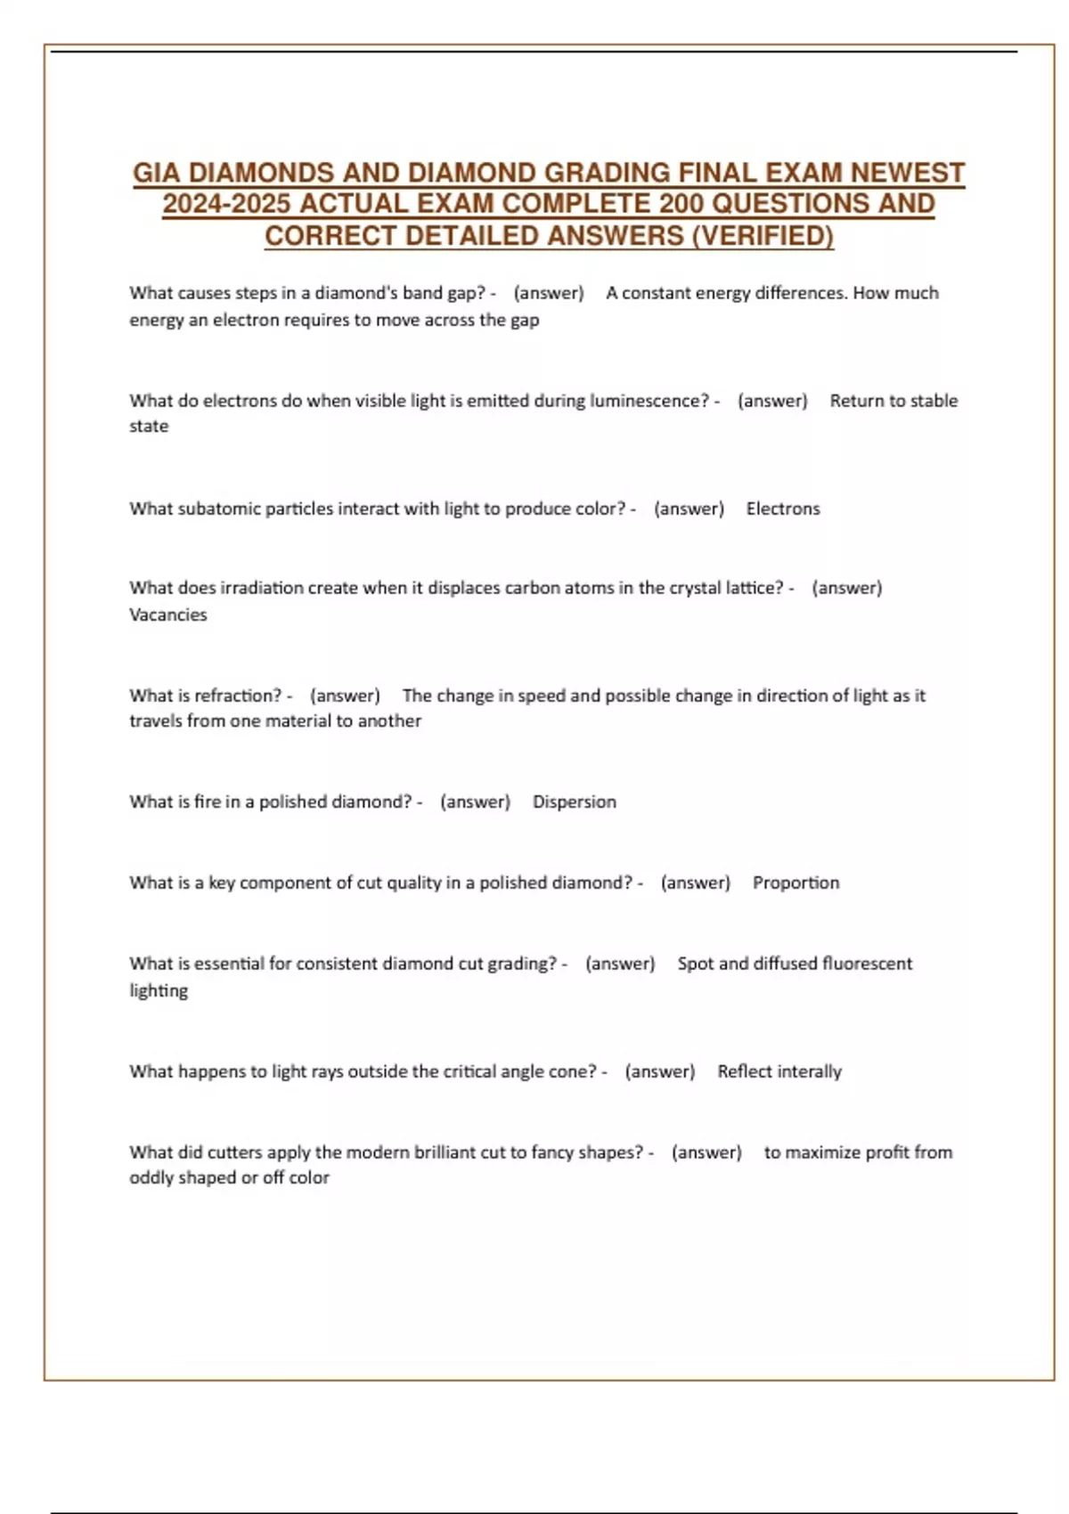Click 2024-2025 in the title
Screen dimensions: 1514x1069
226,204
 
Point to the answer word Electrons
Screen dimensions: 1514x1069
783,509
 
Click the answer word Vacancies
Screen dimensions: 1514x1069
168,615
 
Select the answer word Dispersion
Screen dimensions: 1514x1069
575,802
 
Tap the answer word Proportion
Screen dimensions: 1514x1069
796,883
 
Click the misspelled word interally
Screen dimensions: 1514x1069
808,1071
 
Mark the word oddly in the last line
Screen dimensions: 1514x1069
152,1177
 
